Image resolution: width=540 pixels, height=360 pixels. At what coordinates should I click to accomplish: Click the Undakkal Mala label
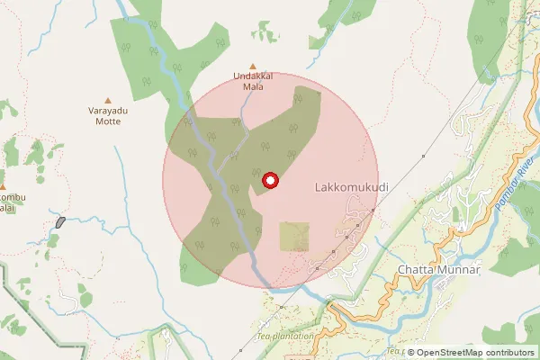[x=252, y=82]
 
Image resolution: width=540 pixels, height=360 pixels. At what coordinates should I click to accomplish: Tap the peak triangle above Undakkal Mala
[x=252, y=66]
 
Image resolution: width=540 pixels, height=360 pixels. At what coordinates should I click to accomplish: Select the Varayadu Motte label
[x=109, y=116]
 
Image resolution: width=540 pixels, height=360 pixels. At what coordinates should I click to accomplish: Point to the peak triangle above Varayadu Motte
[x=109, y=100]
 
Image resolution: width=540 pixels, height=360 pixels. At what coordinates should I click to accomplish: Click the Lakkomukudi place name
[x=353, y=188]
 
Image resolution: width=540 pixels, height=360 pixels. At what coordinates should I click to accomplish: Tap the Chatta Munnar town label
[x=440, y=270]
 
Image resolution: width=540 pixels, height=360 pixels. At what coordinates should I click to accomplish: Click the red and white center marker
[x=269, y=182]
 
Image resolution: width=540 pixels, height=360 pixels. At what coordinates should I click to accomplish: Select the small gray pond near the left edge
[x=60, y=221]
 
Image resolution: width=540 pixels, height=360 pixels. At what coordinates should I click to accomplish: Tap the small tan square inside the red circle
[x=294, y=237]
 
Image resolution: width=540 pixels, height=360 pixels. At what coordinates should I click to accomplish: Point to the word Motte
[x=109, y=121]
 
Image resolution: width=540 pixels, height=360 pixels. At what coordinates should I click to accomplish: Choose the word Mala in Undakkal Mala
[x=252, y=87]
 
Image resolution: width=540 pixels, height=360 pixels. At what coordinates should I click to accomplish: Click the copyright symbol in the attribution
[x=410, y=352]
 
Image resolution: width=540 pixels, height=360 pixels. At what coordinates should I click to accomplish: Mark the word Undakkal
[x=252, y=76]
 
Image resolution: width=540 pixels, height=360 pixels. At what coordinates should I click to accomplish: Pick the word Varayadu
[x=109, y=111]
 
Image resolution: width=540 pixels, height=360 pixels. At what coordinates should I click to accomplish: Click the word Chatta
[x=415, y=270]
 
